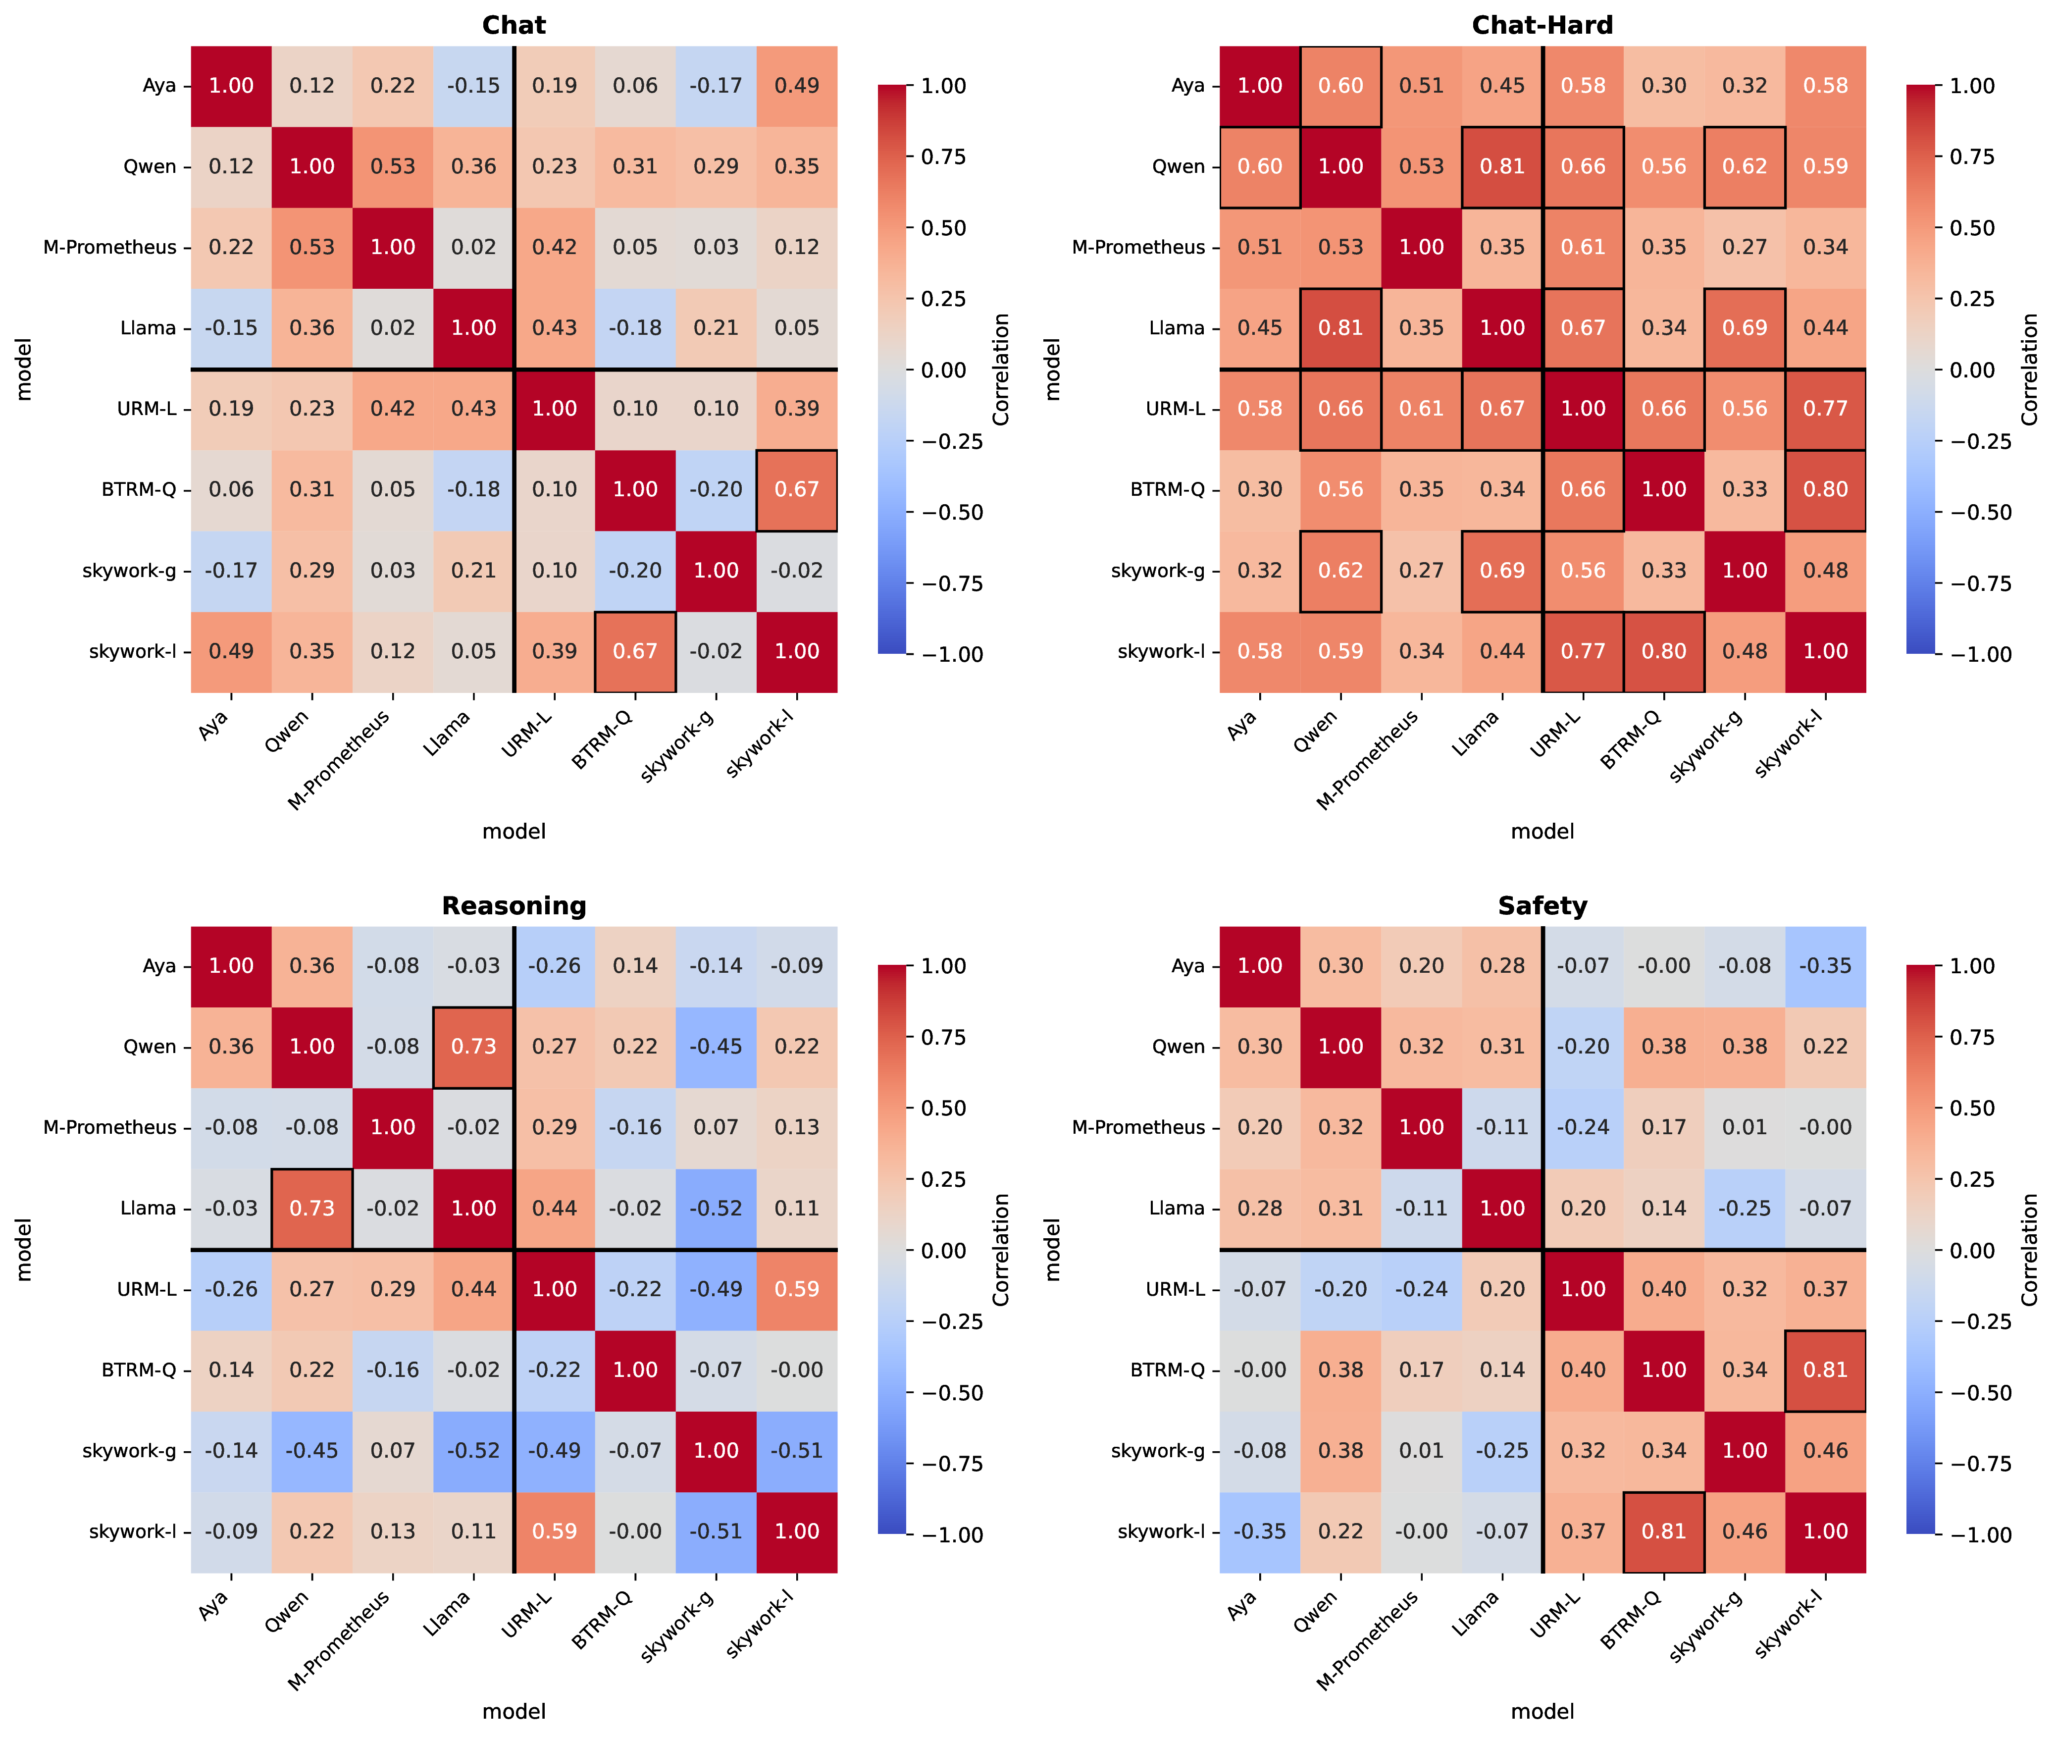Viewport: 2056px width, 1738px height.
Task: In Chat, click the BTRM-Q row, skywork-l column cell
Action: click(797, 490)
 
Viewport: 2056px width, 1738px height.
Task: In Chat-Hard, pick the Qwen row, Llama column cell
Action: click(1502, 166)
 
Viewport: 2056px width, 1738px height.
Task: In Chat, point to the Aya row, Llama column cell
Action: click(474, 86)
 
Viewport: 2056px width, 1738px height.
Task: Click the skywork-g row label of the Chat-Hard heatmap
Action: click(1158, 571)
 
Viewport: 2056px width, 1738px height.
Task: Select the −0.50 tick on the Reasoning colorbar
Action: click(952, 1393)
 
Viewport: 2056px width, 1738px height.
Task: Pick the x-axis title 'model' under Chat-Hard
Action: click(1542, 832)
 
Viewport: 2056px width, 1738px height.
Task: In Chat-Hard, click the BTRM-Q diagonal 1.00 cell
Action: click(1664, 490)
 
